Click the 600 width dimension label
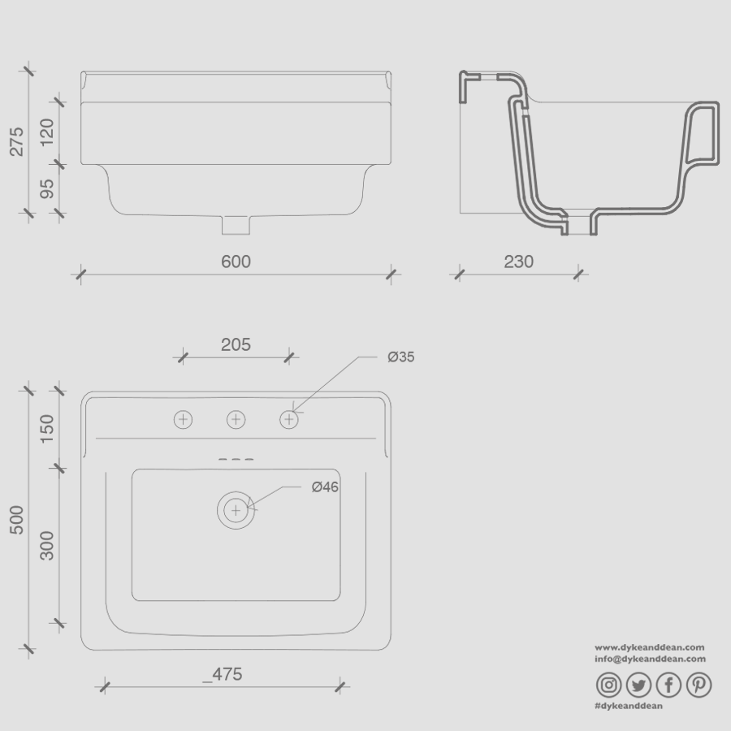(x=236, y=262)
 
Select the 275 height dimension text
(x=17, y=141)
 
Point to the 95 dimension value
(x=47, y=188)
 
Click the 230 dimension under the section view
(x=518, y=262)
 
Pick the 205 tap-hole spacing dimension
(x=236, y=344)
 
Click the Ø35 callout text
(x=400, y=357)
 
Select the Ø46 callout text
(x=324, y=487)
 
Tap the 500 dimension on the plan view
(x=17, y=520)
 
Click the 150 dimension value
(x=47, y=428)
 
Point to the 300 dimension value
(x=47, y=545)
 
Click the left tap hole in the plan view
(x=184, y=419)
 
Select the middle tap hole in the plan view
(x=236, y=419)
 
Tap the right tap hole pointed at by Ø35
(x=289, y=419)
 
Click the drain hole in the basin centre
(x=236, y=510)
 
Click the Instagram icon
(x=609, y=686)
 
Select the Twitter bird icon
(x=638, y=686)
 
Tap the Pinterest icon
(x=699, y=686)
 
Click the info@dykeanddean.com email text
(x=650, y=660)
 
